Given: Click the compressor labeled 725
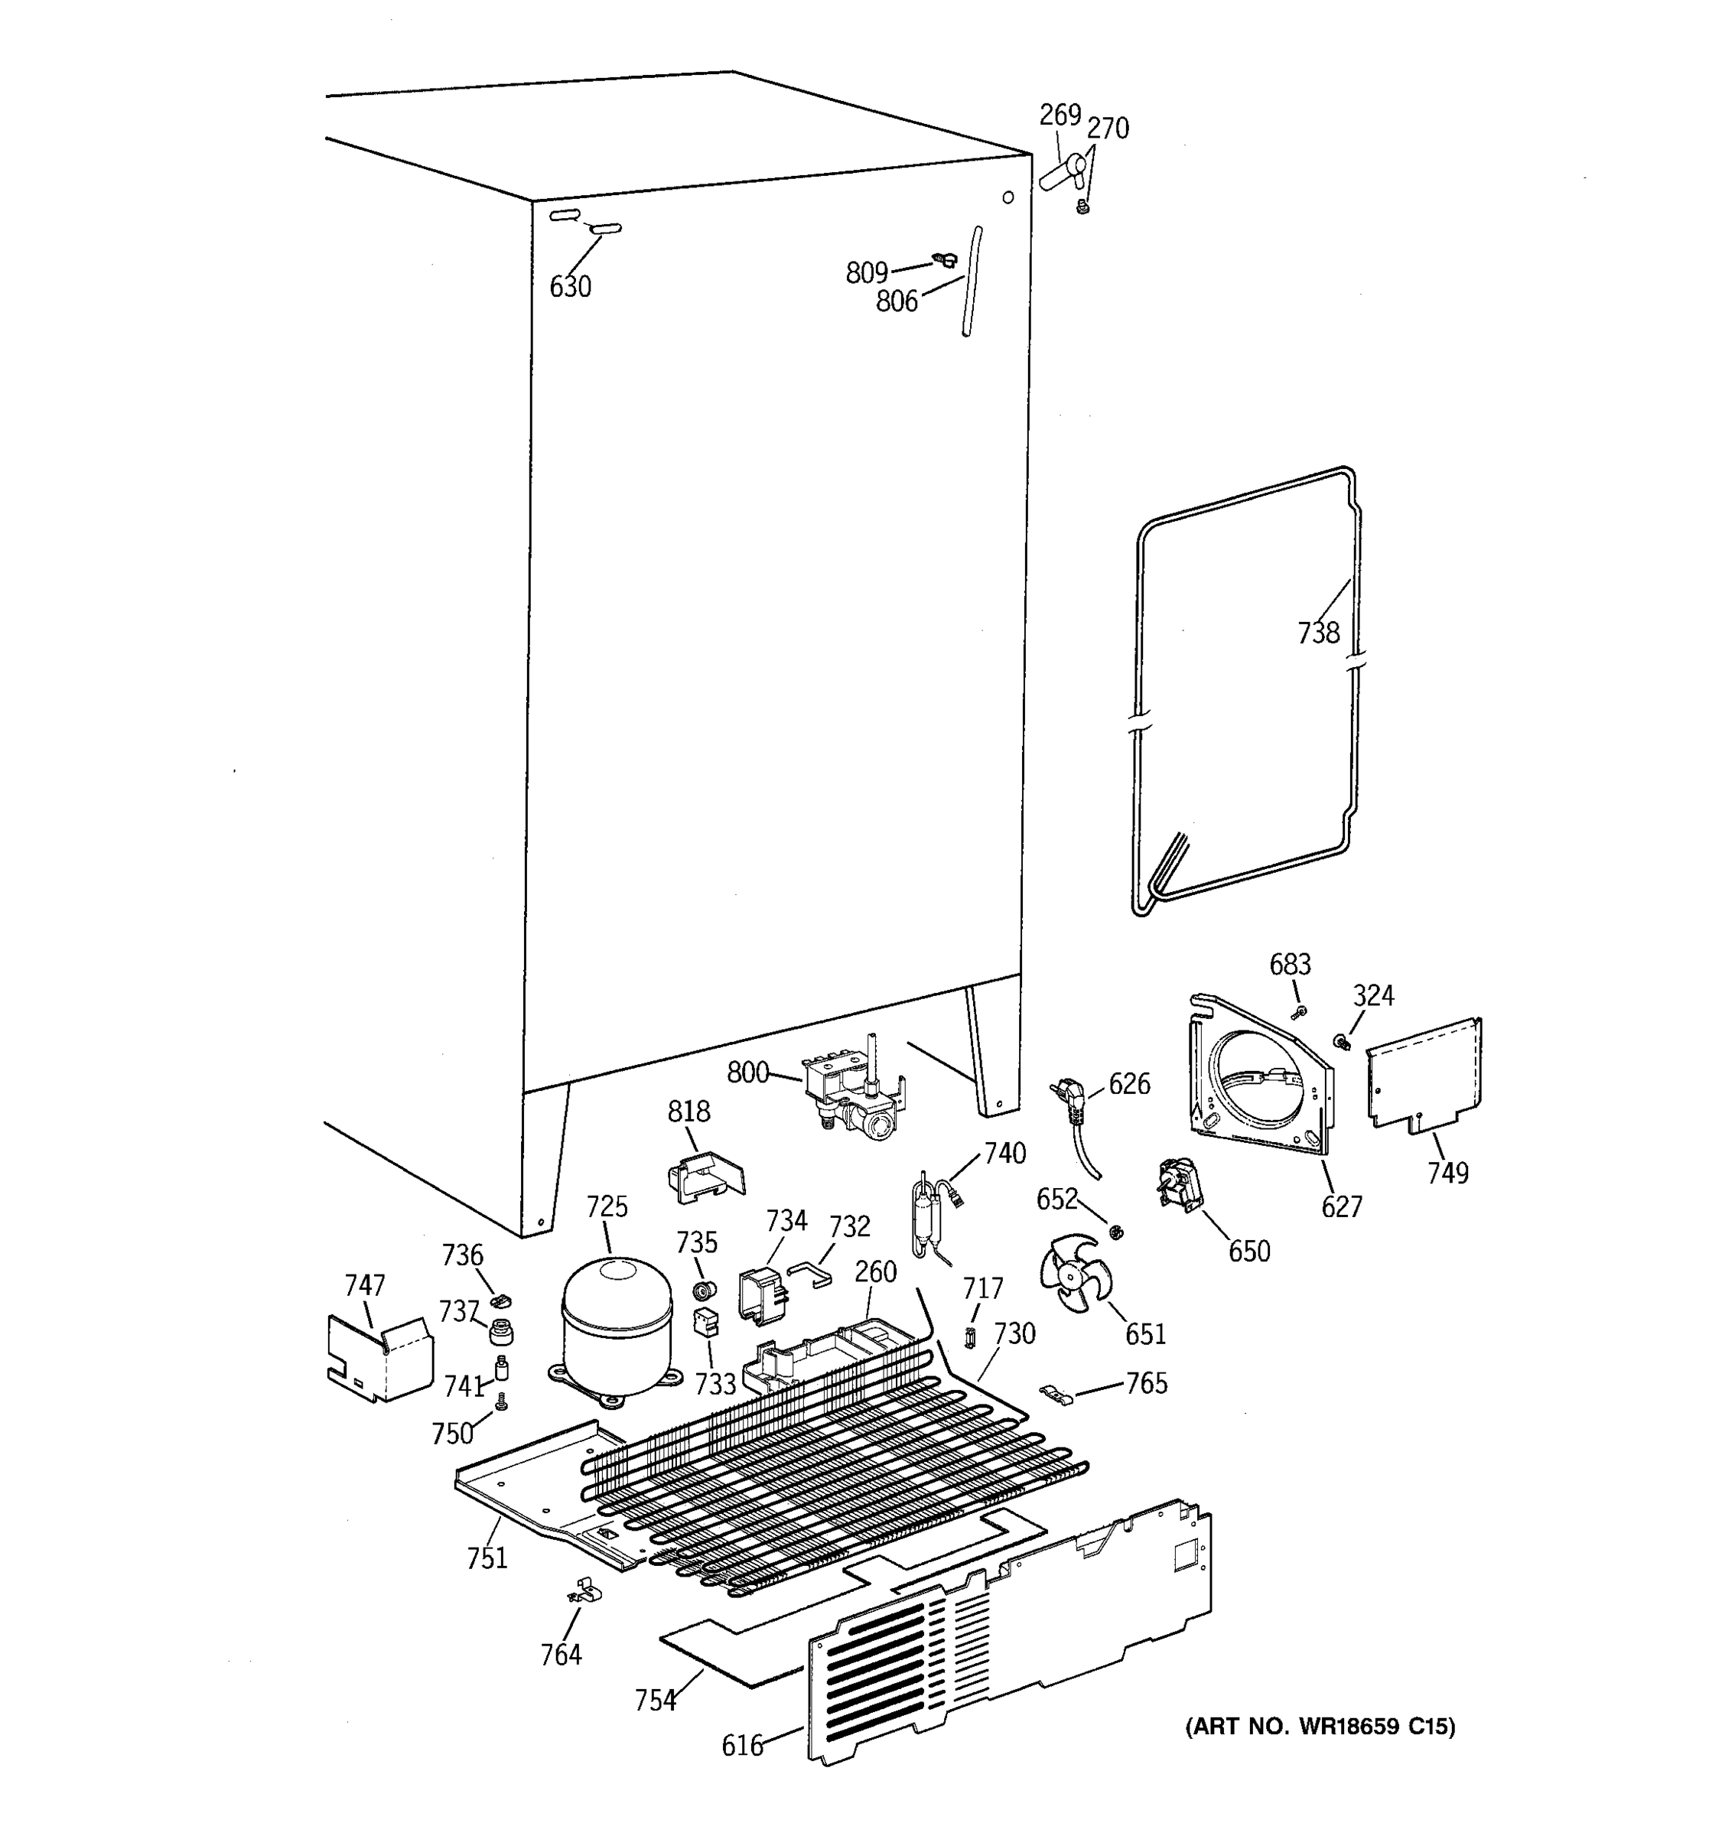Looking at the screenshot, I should click(x=617, y=1327).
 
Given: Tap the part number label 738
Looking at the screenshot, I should click(x=1317, y=633).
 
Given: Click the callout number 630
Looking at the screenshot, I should click(x=570, y=287).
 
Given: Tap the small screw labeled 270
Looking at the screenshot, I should click(x=1084, y=210).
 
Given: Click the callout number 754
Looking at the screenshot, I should click(x=655, y=1701).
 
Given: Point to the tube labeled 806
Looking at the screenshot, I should click(x=972, y=282).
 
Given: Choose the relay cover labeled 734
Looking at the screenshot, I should click(x=760, y=1293).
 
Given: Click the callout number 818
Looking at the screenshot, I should click(x=688, y=1111).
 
